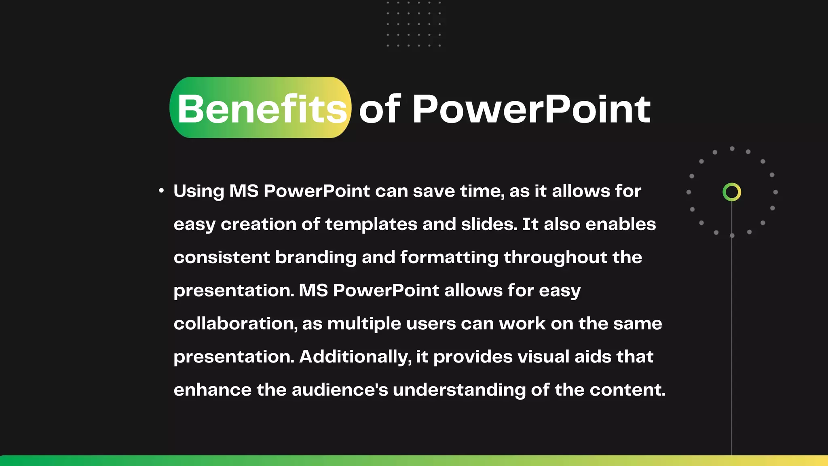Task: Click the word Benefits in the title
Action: click(262, 108)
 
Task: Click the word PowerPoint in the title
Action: click(531, 108)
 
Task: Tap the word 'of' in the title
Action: click(379, 108)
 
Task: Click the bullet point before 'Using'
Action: click(161, 191)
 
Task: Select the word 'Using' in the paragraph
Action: click(199, 191)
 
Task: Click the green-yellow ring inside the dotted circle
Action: click(731, 192)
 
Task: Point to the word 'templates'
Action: click(371, 225)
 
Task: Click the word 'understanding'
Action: click(459, 390)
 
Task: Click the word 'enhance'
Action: click(212, 390)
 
